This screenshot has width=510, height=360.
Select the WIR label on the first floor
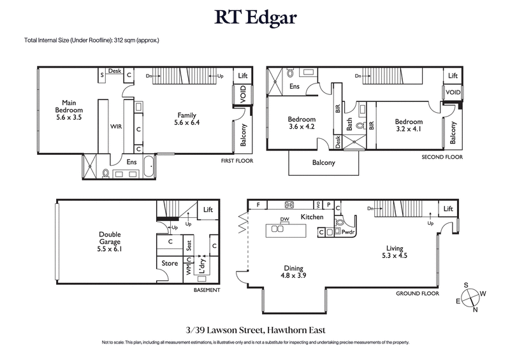click(116, 127)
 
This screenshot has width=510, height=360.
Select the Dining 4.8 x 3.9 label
click(294, 273)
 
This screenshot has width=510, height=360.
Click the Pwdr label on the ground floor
click(348, 233)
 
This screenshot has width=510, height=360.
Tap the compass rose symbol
click(470, 297)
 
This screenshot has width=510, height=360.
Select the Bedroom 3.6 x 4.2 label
click(301, 124)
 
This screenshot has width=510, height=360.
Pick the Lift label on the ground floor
click(449, 208)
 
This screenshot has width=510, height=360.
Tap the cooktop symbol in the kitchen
click(288, 205)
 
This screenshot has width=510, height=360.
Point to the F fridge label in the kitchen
click(258, 205)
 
